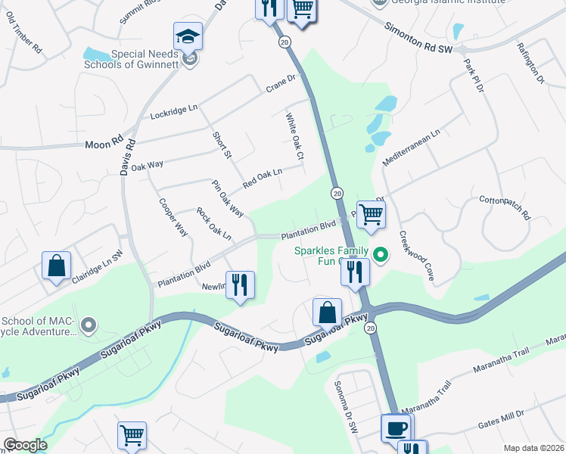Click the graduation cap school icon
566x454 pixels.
click(186, 37)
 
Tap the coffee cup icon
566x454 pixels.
click(397, 428)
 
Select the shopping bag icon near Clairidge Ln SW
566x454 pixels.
click(56, 266)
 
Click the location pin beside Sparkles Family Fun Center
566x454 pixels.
click(381, 256)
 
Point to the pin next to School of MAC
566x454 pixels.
click(89, 326)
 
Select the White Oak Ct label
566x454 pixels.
click(294, 136)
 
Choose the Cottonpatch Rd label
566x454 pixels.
click(505, 209)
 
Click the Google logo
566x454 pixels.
click(25, 444)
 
